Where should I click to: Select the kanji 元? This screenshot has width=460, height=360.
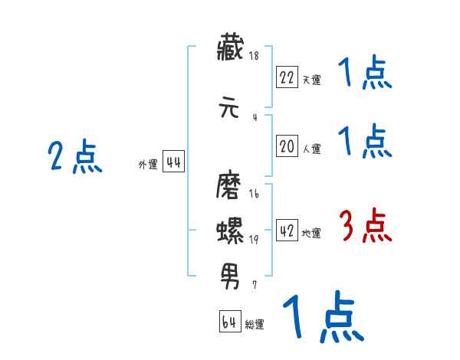(230, 108)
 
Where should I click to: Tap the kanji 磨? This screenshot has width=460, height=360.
(230, 188)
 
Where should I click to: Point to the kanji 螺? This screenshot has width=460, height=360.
(230, 229)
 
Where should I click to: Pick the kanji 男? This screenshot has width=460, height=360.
(230, 271)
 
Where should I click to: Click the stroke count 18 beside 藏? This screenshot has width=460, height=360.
(254, 57)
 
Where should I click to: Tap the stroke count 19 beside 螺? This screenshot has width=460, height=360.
(254, 240)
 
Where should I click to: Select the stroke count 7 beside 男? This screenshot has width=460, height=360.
(255, 284)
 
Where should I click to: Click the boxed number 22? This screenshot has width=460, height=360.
(287, 77)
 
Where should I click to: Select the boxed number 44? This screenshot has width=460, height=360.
(173, 162)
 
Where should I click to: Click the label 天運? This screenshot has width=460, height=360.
(311, 80)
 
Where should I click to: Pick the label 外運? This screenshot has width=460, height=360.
(148, 165)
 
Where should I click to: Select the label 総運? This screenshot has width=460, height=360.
(255, 325)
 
